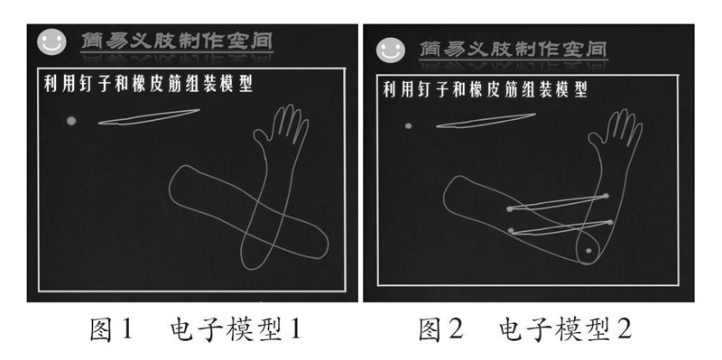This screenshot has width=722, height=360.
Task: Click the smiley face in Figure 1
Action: click(x=51, y=42)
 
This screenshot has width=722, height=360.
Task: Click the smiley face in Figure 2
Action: click(x=391, y=50)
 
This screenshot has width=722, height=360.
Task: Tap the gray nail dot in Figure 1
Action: click(x=71, y=121)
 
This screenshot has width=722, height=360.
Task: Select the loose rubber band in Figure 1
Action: click(x=149, y=117)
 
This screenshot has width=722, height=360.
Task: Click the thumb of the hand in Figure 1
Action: click(x=260, y=136)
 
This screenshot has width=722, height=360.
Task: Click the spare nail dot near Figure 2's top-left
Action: click(x=408, y=125)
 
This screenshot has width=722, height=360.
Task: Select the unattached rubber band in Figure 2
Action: click(x=486, y=120)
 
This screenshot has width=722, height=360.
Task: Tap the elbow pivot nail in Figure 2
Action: click(x=588, y=251)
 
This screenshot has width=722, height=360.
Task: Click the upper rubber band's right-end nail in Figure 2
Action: click(x=606, y=196)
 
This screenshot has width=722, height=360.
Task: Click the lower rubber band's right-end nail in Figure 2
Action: click(x=611, y=222)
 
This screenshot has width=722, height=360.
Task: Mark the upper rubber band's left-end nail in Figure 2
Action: click(x=509, y=209)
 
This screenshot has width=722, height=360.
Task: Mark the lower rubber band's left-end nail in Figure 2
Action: click(x=511, y=230)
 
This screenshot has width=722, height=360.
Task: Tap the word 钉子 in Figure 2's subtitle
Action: click(x=426, y=89)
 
